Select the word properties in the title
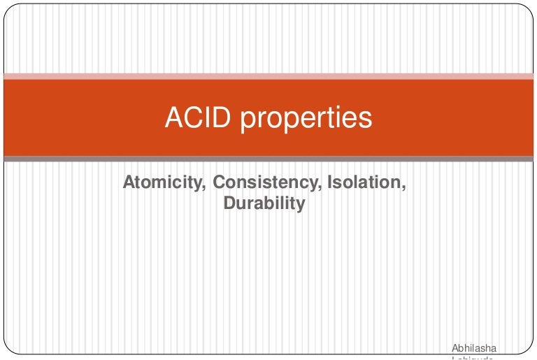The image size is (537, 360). point(306,119)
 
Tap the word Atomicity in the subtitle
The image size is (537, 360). point(164,183)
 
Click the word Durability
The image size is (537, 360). point(264,204)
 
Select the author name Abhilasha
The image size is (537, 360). point(474,347)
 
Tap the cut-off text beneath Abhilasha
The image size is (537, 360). point(473,357)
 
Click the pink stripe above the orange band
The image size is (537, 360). point(268,75)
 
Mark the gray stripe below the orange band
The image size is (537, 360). point(268,159)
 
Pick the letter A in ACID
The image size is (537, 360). point(173,117)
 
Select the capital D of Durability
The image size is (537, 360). point(228,204)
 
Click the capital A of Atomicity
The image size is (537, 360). point(129,183)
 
